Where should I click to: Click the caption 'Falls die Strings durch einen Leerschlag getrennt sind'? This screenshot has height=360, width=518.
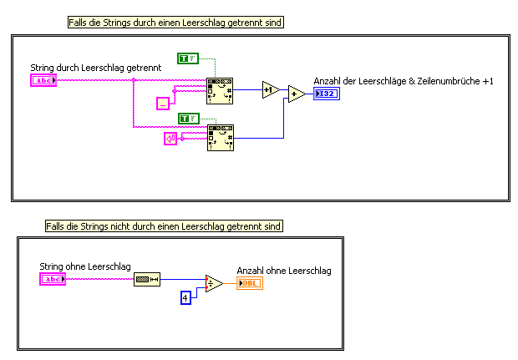click(175, 23)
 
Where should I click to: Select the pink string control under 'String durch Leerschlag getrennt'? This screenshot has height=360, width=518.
click(43, 80)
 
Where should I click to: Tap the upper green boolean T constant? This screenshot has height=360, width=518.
click(188, 58)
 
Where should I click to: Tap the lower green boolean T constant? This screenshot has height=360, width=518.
click(189, 118)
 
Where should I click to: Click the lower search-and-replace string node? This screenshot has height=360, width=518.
click(220, 137)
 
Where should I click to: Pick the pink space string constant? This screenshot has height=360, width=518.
click(163, 103)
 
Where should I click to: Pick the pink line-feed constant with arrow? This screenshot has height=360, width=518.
click(170, 139)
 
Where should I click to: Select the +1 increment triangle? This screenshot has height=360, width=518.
click(269, 89)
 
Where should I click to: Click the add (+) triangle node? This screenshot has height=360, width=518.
click(296, 94)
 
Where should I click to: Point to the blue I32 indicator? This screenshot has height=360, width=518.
click(327, 94)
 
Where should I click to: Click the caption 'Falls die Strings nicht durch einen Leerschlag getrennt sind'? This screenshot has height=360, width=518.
click(164, 226)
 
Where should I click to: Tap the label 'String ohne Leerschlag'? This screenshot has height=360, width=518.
click(85, 266)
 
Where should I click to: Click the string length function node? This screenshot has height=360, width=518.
click(146, 279)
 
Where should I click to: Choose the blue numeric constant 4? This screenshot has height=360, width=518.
click(186, 296)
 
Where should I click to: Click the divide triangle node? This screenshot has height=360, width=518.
click(214, 284)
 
